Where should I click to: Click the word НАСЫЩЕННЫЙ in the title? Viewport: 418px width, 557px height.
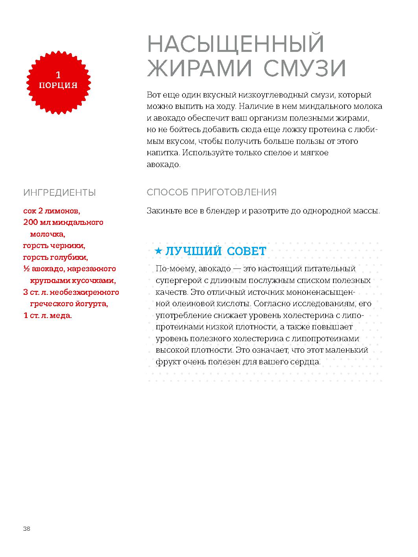tap(236, 44)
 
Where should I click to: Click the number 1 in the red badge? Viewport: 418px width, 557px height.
tap(58, 75)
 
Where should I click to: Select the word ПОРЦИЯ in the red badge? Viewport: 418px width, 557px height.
tap(58, 85)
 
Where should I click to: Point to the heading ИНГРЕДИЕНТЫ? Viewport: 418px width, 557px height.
tap(59, 193)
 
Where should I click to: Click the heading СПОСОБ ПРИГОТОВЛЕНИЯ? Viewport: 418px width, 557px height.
tap(212, 192)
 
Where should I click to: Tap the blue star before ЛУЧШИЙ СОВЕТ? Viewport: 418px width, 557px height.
tap(158, 251)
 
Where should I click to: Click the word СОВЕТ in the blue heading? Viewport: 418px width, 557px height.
tap(247, 251)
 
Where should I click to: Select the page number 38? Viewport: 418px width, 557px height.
tap(27, 529)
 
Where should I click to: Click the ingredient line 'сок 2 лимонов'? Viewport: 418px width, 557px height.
tap(52, 211)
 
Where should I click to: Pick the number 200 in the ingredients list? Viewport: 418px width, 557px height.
tap(31, 222)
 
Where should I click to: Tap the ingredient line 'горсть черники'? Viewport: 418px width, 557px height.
tap(54, 246)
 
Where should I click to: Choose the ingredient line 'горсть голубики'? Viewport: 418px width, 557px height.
tap(55, 257)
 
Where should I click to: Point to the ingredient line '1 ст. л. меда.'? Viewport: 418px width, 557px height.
tap(48, 315)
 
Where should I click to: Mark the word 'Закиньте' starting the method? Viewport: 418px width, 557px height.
tap(164, 211)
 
